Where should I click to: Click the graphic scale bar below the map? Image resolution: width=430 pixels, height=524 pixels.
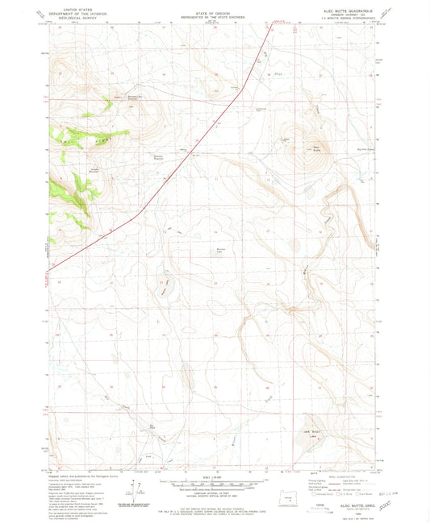point(214,485)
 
